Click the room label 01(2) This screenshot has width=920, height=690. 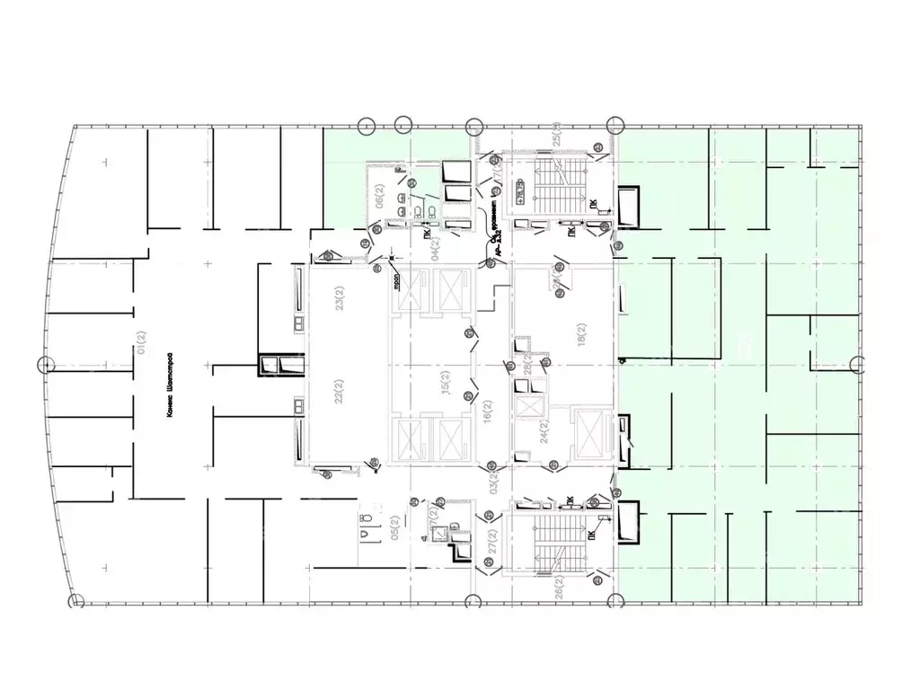point(140,342)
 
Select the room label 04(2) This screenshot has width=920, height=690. point(438,244)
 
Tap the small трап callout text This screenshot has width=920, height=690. point(394,284)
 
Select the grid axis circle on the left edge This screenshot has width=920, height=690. point(47,365)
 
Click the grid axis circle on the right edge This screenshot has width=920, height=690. point(857,365)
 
